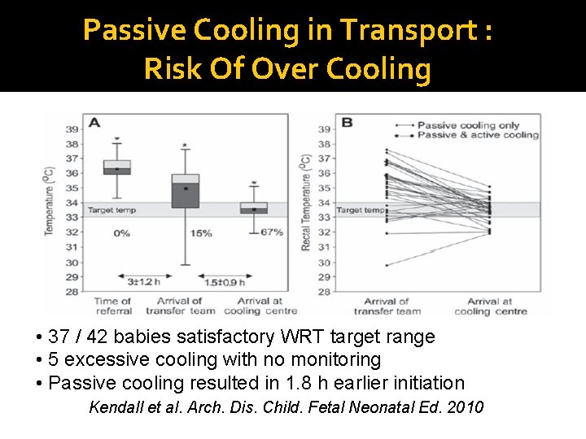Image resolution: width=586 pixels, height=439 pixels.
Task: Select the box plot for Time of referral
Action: click(117, 167)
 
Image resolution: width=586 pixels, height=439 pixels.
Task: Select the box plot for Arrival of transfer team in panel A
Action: click(186, 191)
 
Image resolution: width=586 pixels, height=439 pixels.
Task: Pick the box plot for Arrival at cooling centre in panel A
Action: click(254, 208)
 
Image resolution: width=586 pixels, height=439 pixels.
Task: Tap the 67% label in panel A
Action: click(272, 233)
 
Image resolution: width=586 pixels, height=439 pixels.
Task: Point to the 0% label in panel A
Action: click(121, 233)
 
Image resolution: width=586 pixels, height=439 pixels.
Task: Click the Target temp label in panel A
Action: click(112, 210)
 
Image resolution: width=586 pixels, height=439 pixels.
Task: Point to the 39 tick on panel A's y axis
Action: click(72, 129)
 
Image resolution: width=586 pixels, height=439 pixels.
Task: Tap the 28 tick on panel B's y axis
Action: click(323, 292)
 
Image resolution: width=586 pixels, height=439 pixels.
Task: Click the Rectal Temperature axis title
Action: click(306, 202)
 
